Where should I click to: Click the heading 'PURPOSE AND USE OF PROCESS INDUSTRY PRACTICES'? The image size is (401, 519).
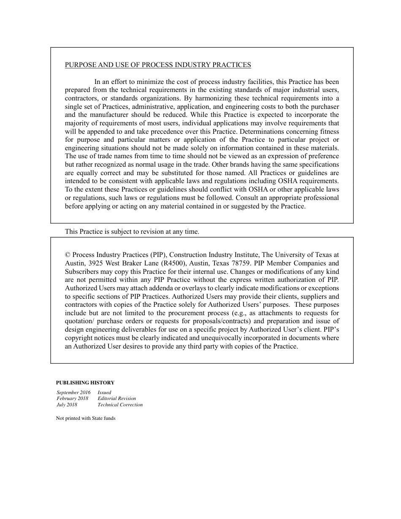(x=158, y=65)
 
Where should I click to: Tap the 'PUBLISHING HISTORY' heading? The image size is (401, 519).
(x=85, y=383)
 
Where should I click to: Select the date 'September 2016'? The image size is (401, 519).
(x=73, y=392)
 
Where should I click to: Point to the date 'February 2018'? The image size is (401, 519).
(x=73, y=398)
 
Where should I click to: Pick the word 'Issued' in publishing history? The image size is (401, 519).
(x=104, y=392)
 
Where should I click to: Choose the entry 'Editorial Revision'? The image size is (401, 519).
(x=117, y=398)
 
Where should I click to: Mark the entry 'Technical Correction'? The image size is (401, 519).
(x=120, y=405)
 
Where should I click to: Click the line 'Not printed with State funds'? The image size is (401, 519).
(x=86, y=419)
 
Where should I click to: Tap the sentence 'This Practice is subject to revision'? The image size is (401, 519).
(x=132, y=232)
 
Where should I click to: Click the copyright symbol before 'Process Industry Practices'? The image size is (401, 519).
(x=68, y=255)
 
